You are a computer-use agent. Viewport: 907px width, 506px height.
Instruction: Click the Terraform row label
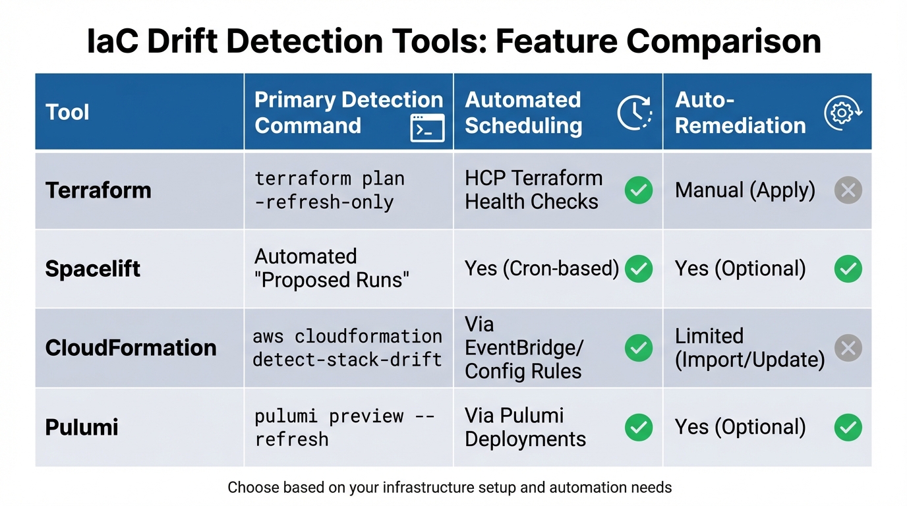98,190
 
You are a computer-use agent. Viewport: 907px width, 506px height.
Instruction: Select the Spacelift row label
93,269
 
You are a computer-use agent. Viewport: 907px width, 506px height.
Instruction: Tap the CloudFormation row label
131,347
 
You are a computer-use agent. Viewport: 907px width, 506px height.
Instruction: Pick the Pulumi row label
82,427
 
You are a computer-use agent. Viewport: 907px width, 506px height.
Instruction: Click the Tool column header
67,112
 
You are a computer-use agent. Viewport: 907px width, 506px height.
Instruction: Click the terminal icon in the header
427,128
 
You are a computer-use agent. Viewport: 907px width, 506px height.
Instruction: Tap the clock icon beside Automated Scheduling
634,113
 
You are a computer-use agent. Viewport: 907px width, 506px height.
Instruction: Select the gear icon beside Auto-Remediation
844,113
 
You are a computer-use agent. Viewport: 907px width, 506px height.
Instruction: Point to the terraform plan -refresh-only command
330,190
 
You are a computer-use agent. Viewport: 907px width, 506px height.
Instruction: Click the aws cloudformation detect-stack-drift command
347,348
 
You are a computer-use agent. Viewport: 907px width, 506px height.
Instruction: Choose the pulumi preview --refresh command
344,427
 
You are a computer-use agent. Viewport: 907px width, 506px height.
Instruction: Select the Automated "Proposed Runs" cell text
332,268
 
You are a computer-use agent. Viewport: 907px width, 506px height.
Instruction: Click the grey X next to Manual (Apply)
848,190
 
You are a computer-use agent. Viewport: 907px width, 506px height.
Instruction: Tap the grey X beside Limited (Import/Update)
848,348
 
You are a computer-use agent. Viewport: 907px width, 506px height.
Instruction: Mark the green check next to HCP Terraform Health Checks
639,190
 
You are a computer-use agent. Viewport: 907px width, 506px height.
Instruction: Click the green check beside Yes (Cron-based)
639,269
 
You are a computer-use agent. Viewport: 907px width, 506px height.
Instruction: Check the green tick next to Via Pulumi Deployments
639,428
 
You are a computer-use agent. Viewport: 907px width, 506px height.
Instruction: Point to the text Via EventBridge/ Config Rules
524,348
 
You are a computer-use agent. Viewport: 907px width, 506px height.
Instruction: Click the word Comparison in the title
724,41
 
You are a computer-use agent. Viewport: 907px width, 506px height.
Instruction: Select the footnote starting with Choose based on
450,488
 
